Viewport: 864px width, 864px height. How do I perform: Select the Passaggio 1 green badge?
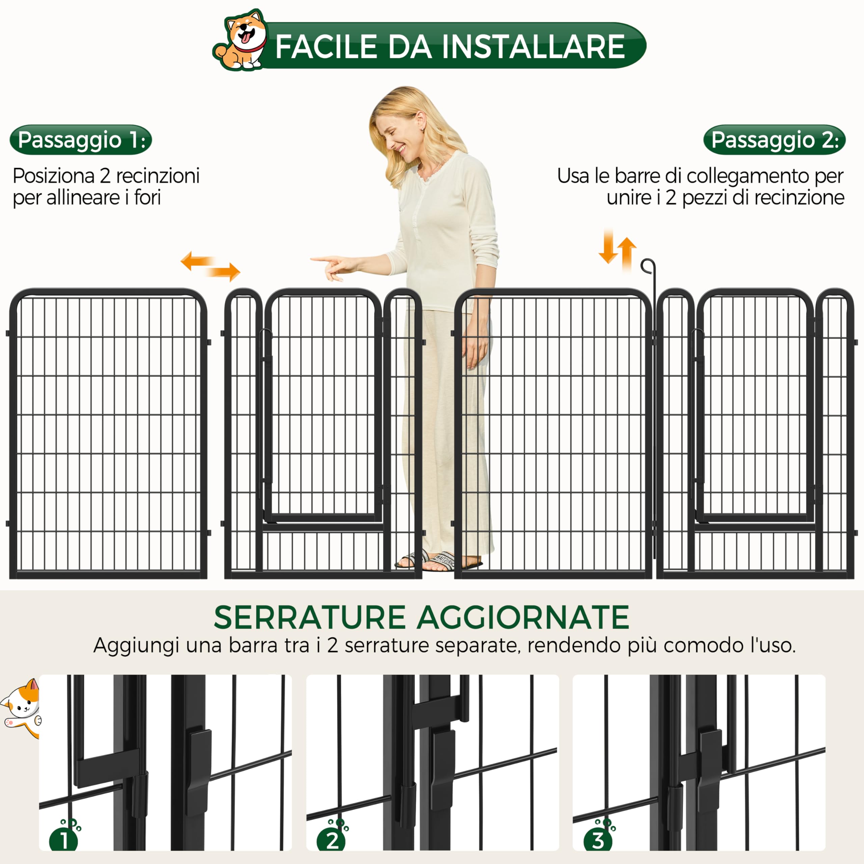[x=81, y=140]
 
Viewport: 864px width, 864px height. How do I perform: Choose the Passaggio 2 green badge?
[x=774, y=140]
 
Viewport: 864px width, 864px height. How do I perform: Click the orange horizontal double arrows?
[x=210, y=266]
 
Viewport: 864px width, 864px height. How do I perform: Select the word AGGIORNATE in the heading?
[x=523, y=618]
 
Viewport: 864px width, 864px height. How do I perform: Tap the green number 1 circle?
[x=64, y=841]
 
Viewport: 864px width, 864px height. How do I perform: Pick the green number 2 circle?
[x=331, y=841]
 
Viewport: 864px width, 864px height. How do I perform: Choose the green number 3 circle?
[x=598, y=841]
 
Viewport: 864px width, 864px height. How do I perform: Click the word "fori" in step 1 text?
[x=147, y=198]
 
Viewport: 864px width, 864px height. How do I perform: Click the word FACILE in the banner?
[x=326, y=47]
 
